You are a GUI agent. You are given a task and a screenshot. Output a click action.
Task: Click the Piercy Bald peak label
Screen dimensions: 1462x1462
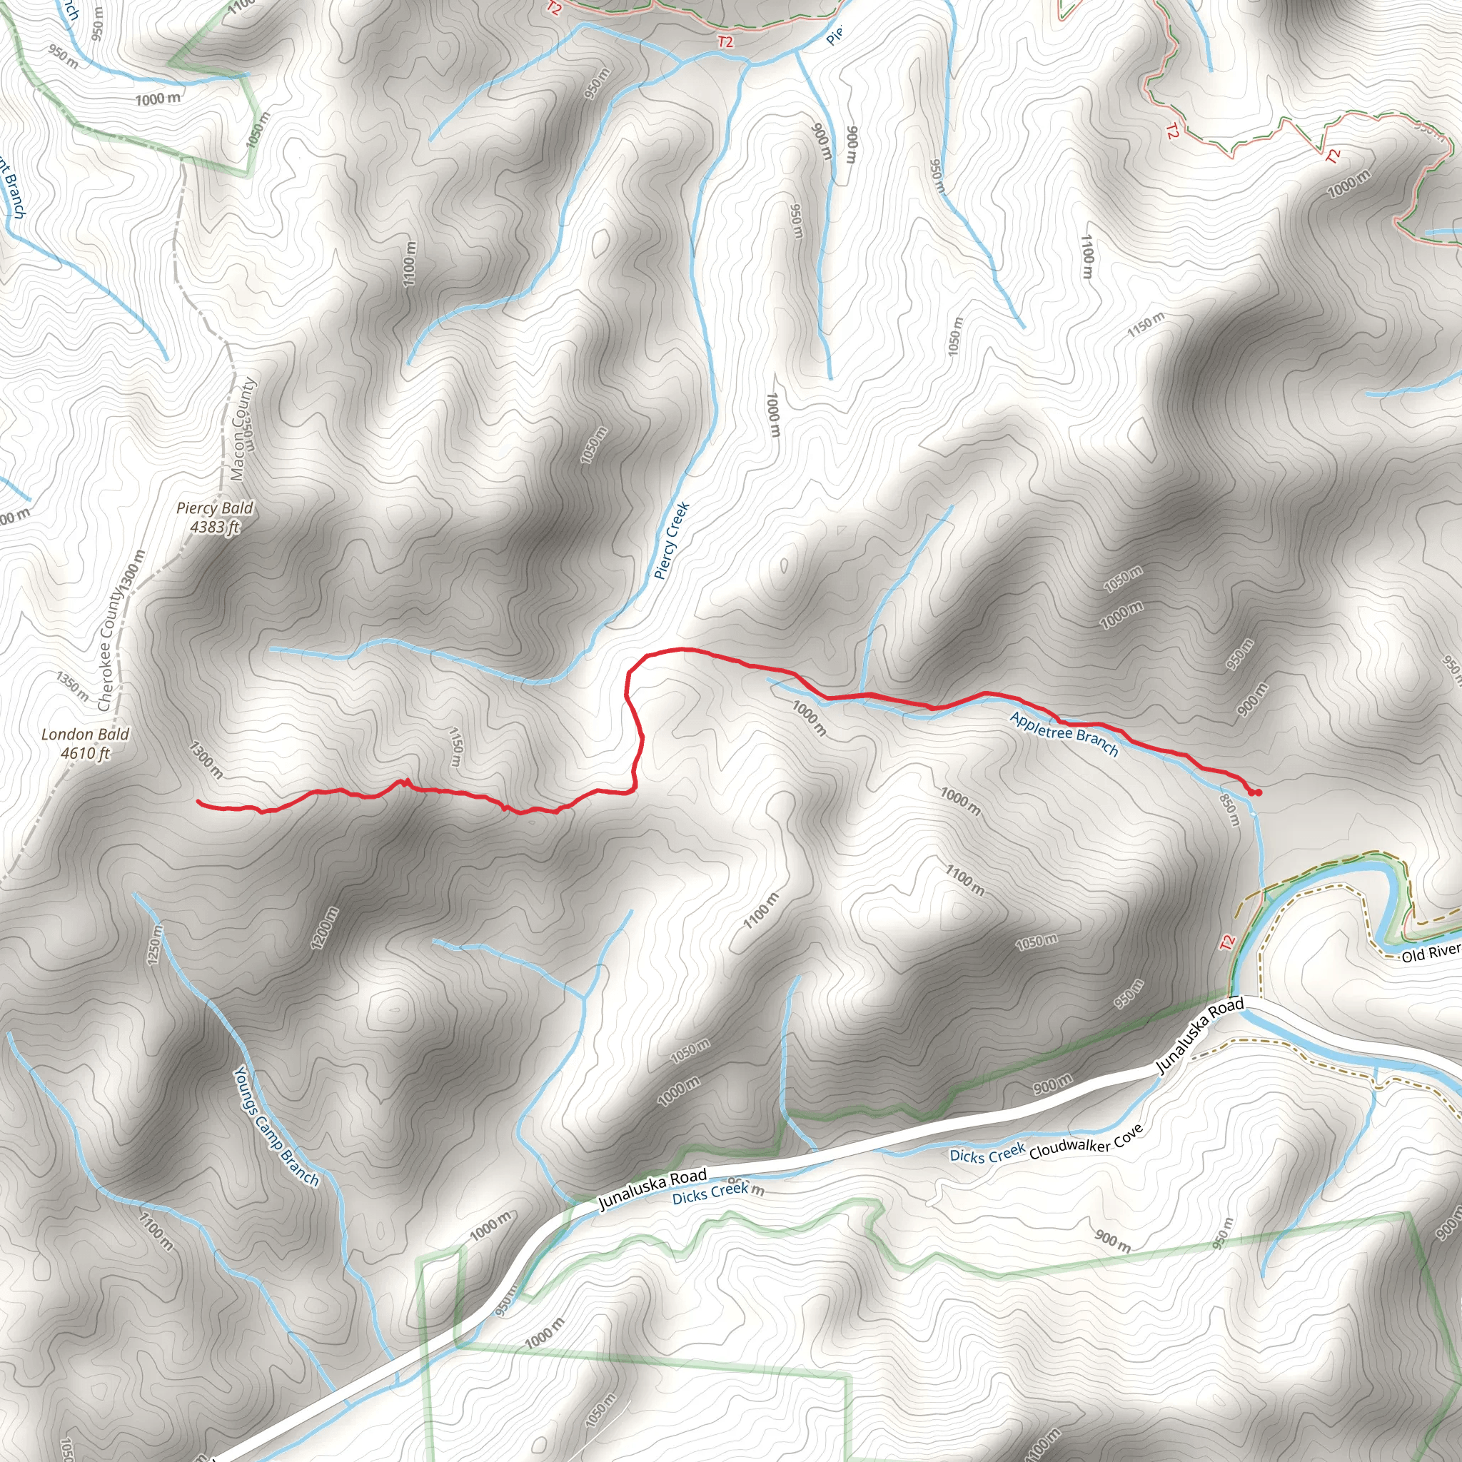pyautogui.click(x=215, y=517)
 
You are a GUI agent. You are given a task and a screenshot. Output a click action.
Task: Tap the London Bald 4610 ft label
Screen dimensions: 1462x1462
pyautogui.click(x=86, y=743)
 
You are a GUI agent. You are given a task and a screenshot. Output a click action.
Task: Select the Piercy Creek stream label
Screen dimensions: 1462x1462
pyautogui.click(x=671, y=540)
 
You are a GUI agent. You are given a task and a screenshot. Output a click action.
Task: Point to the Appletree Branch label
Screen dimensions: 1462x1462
pyautogui.click(x=1064, y=733)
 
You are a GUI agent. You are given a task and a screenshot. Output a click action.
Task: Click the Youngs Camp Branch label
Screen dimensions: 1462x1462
pyautogui.click(x=276, y=1126)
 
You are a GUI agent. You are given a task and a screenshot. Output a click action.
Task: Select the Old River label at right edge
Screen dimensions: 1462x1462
pyautogui.click(x=1430, y=952)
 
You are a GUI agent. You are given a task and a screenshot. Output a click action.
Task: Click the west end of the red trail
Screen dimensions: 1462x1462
pyautogui.click(x=199, y=801)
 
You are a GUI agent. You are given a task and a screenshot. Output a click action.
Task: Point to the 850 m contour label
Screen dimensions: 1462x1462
pyautogui.click(x=1230, y=809)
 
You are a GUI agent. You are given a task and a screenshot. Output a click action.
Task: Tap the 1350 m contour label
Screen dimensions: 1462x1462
pyautogui.click(x=73, y=685)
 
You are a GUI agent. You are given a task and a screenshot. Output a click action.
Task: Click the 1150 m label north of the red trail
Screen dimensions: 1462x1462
pyautogui.click(x=455, y=746)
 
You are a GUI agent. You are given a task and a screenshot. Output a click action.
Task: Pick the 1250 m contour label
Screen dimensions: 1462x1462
pyautogui.click(x=154, y=944)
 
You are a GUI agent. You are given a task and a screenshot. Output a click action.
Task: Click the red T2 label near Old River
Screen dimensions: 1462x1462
pyautogui.click(x=1226, y=942)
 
